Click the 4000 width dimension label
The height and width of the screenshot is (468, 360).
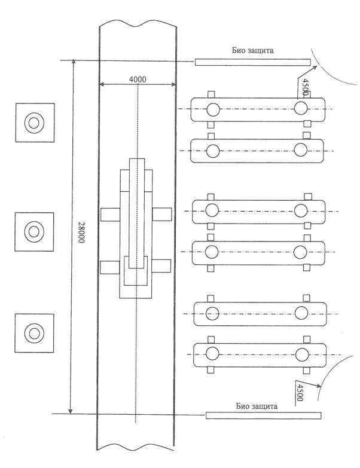pos(138,79)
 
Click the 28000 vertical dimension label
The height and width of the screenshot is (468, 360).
pos(81,233)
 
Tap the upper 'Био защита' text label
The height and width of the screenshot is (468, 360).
pos(252,50)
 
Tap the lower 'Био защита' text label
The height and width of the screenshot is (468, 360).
pos(257,406)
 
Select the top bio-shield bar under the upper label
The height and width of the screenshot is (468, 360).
pos(253,62)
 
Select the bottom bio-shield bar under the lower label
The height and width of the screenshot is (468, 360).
pos(263,415)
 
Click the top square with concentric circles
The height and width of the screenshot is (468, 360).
pos(35,123)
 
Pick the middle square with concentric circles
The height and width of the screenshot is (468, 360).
pos(34,232)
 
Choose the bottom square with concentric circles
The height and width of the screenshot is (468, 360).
pos(34,333)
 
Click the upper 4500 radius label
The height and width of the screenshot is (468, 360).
pos(304,87)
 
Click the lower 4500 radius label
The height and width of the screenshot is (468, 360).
pos(300,393)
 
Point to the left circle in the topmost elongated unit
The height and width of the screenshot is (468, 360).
pos(213,109)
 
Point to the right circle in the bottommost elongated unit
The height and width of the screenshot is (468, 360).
pos(302,354)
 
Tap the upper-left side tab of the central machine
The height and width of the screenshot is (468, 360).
pos(110,215)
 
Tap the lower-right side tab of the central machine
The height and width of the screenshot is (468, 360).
pos(161,266)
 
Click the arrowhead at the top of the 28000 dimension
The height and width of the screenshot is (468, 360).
pos(74,62)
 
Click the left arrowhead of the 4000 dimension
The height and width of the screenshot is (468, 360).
pos(102,84)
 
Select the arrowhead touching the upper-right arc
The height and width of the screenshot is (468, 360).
pos(315,68)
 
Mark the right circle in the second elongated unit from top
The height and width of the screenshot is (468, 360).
pos(301,150)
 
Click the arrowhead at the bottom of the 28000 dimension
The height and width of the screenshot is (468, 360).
pos(71,411)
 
